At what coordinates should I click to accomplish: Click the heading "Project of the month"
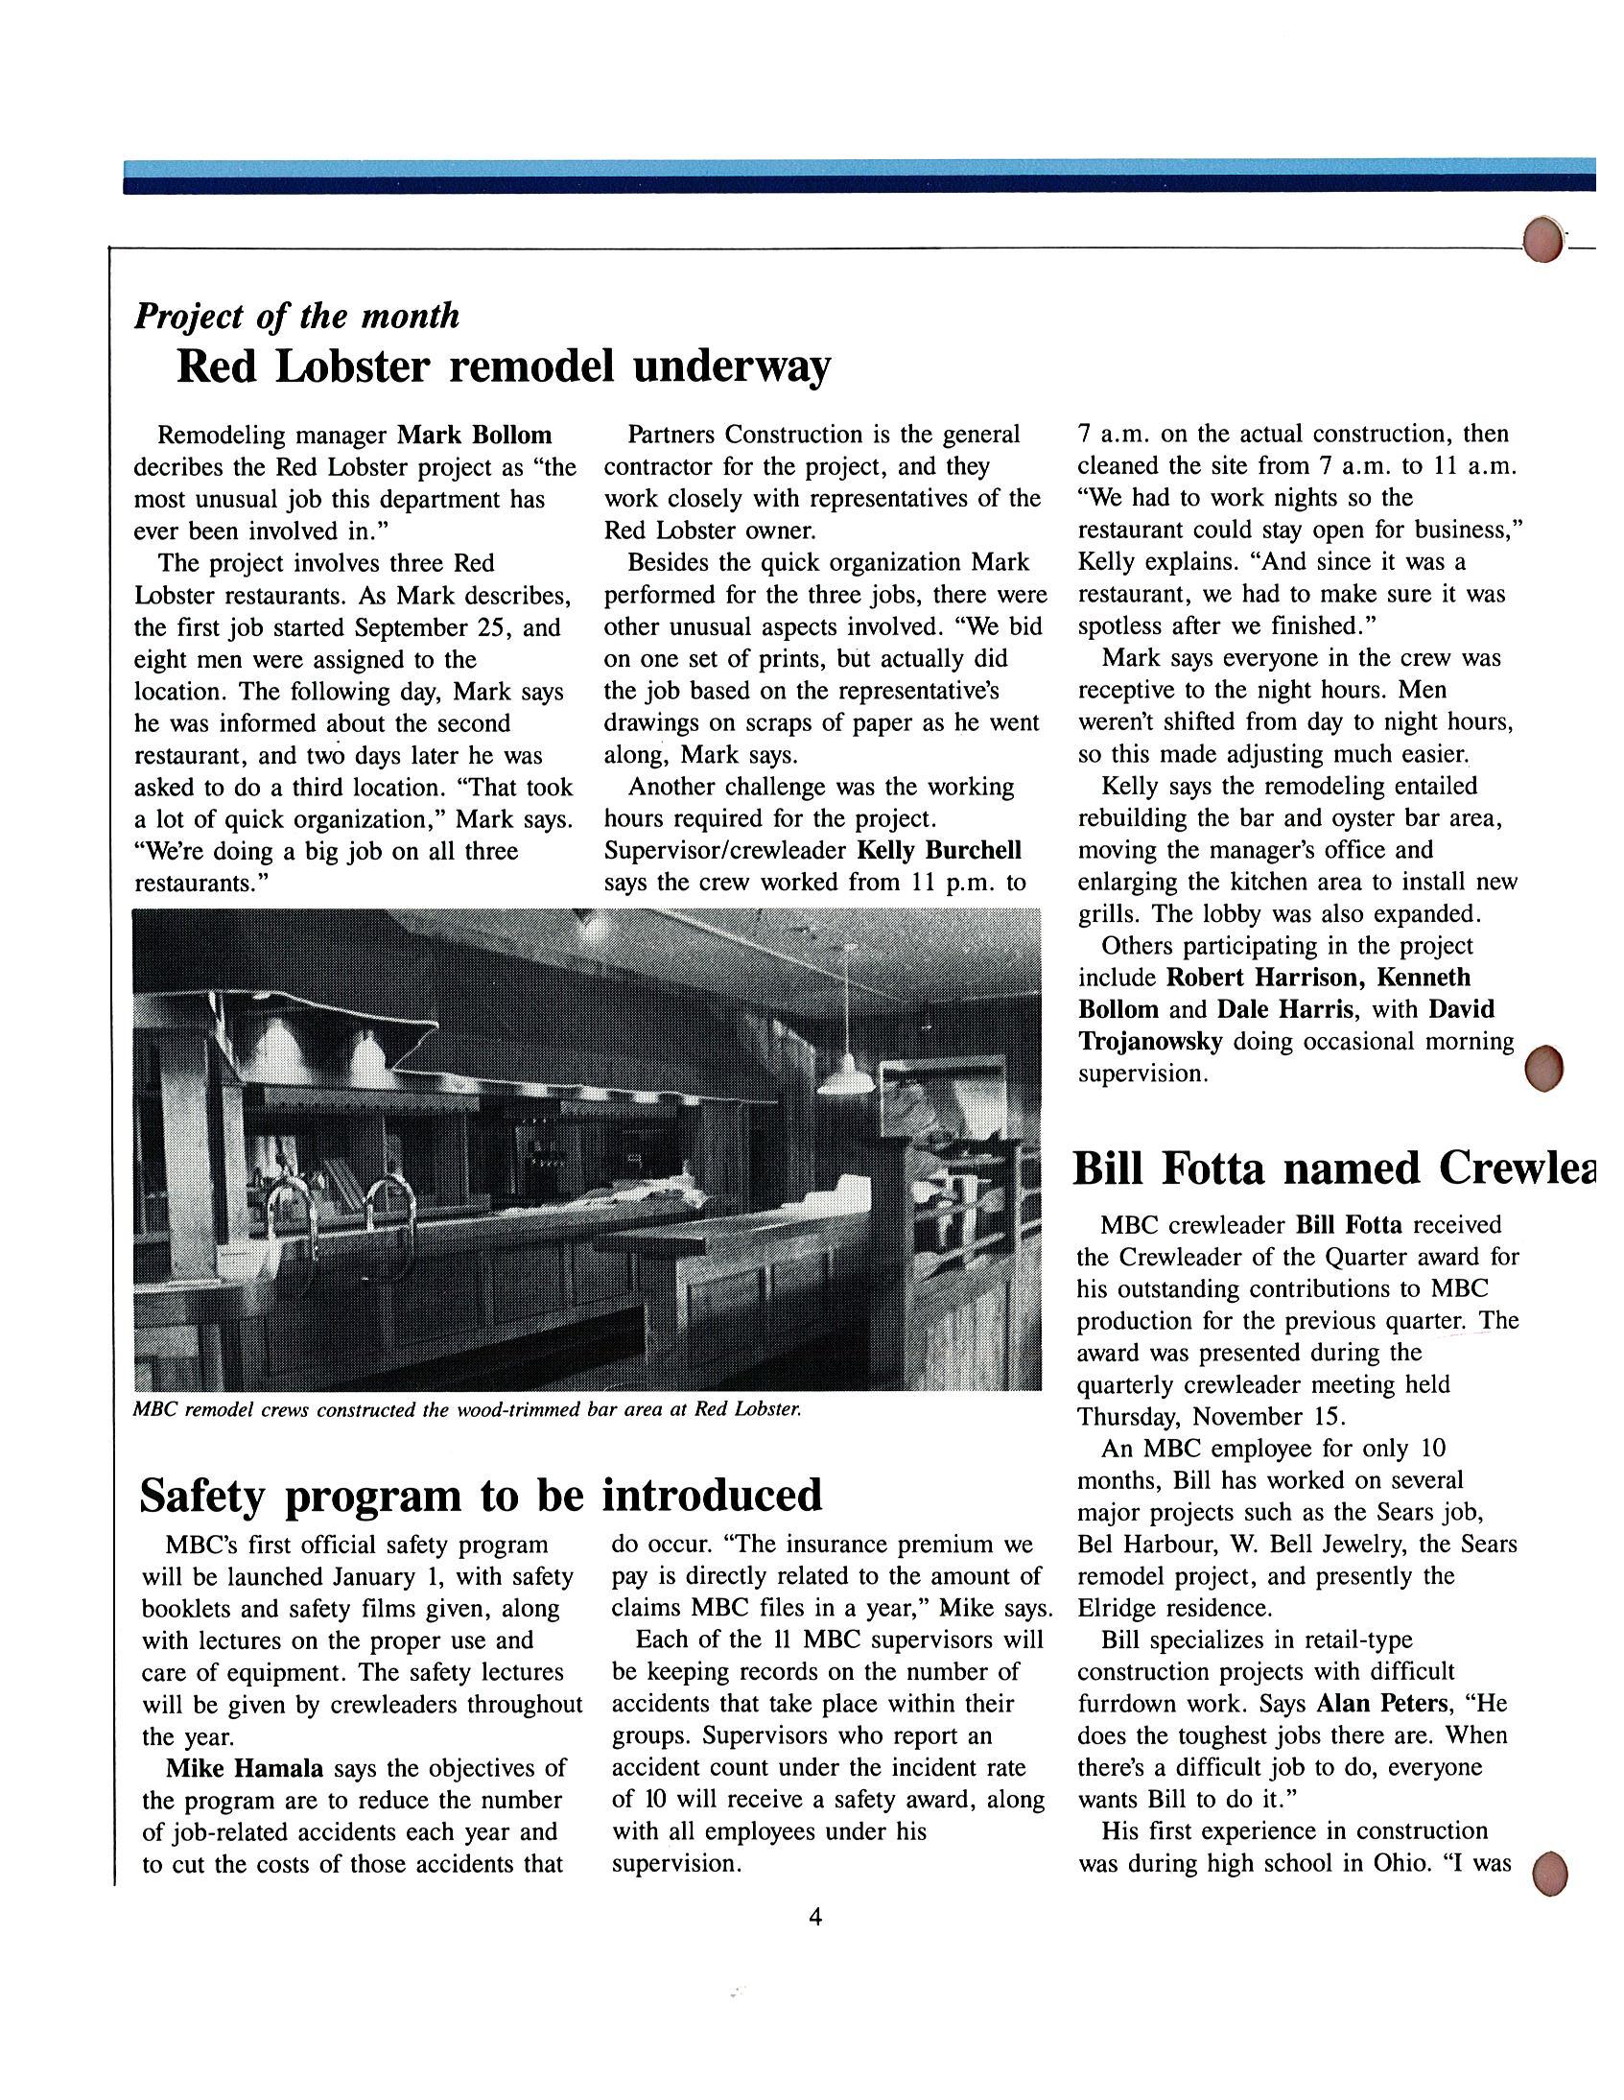click(x=296, y=317)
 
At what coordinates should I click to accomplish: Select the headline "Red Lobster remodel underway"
click(x=503, y=367)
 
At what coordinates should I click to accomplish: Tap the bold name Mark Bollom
click(x=475, y=436)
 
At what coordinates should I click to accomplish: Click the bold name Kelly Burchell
click(x=938, y=851)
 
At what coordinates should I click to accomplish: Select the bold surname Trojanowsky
click(x=1149, y=1041)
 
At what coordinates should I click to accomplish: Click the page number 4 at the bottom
click(x=815, y=1918)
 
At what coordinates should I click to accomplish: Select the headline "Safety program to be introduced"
click(x=481, y=1496)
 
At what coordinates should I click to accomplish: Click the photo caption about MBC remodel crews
click(x=466, y=1410)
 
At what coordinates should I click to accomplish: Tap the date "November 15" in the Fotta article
click(x=1269, y=1416)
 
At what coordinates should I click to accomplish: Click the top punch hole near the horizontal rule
click(x=1542, y=242)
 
